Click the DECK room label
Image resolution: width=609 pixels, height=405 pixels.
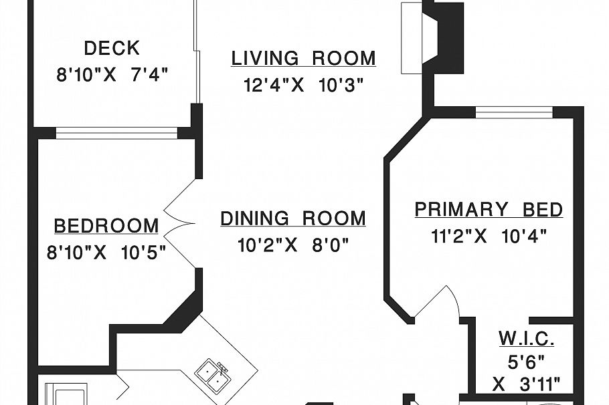[112, 48]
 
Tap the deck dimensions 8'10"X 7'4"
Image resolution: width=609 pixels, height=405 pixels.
[112, 74]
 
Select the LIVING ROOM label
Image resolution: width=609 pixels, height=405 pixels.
[303, 59]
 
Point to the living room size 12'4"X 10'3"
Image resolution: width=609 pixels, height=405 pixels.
[303, 85]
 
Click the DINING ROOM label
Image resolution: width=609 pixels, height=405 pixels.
[293, 219]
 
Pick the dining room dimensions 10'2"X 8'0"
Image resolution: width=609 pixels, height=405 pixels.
[293, 245]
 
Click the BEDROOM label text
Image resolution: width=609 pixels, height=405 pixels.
[106, 226]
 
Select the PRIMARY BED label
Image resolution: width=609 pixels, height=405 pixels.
[489, 210]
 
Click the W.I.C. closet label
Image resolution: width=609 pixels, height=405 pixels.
[526, 340]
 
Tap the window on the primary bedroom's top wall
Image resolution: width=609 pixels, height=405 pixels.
[514, 112]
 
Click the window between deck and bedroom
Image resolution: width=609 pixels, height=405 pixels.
[116, 132]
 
